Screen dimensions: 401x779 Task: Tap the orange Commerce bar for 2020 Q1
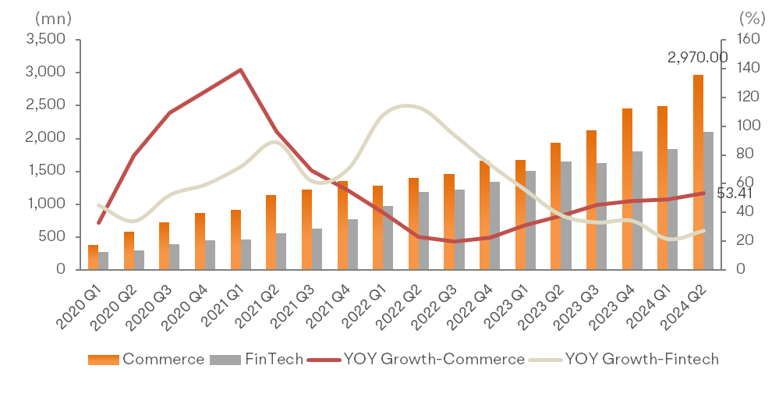pyautogui.click(x=93, y=257)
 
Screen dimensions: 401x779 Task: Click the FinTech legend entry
pyautogui.click(x=257, y=359)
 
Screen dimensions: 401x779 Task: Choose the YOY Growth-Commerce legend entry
pyautogui.click(x=417, y=359)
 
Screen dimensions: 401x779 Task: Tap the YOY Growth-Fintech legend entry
pyautogui.click(x=624, y=359)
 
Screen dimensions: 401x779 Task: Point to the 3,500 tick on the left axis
pyautogui.click(x=44, y=39)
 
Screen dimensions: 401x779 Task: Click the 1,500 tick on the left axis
pyautogui.click(x=44, y=171)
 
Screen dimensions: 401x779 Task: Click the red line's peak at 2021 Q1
pyautogui.click(x=240, y=69)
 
